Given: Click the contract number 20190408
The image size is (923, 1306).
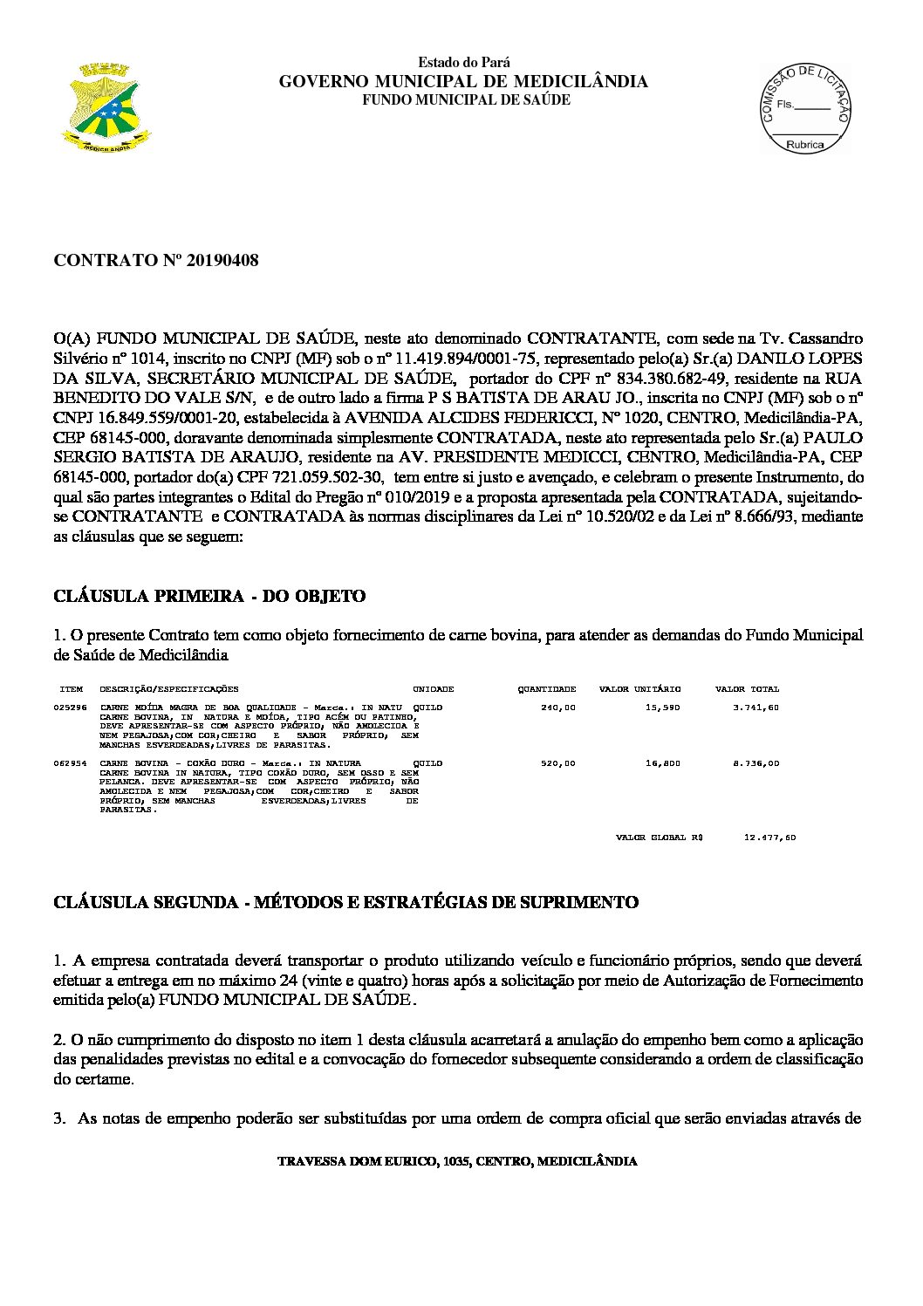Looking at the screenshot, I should pos(157,261).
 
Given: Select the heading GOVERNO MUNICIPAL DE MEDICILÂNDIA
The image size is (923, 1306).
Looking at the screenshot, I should pos(462,82).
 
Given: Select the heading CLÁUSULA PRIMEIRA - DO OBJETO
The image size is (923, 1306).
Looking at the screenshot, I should pos(209,597).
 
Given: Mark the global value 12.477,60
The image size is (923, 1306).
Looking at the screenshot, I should pos(769,838).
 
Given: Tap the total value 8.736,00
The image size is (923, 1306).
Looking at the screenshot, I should pos(756,763).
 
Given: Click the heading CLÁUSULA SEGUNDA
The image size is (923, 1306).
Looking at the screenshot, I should pos(345,902).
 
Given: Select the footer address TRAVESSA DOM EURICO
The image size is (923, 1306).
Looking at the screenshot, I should pos(456,1162).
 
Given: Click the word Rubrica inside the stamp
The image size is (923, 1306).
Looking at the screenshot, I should pos(804,145).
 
